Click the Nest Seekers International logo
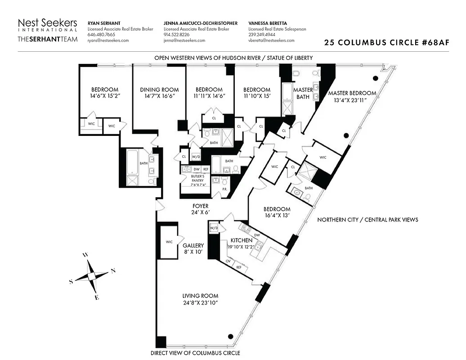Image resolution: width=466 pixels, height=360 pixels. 47,30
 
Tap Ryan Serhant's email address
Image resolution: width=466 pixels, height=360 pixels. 108,40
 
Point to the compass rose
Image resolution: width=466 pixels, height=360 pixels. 92,276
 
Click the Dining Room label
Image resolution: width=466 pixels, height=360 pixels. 159,90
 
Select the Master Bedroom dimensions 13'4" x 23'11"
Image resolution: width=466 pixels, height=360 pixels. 352,100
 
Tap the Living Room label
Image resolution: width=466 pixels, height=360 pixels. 200,296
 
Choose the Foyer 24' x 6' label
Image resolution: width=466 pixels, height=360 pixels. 201,209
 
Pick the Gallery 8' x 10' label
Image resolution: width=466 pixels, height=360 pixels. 193,249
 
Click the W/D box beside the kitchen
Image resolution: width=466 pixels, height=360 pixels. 214,229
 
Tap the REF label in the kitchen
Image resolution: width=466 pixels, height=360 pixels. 238,267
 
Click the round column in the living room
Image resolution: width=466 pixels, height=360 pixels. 231,336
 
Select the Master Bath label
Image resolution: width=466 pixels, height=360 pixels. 303,93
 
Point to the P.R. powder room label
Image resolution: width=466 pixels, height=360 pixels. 224,189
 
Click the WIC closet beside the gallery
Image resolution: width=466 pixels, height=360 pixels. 169,242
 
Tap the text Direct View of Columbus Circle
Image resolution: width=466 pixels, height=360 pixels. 195,353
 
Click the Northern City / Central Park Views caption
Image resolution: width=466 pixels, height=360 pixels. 367,220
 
